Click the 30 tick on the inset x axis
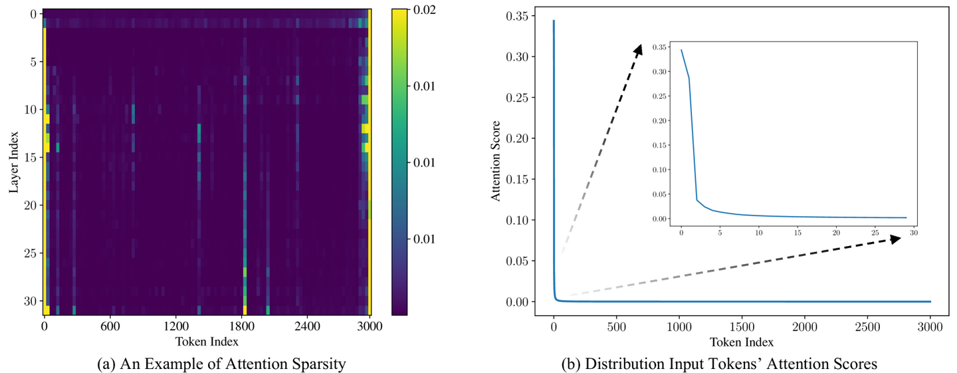coord(914,233)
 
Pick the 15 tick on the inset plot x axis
coord(797,233)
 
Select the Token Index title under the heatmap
coord(207,341)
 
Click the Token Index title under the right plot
coord(742,342)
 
